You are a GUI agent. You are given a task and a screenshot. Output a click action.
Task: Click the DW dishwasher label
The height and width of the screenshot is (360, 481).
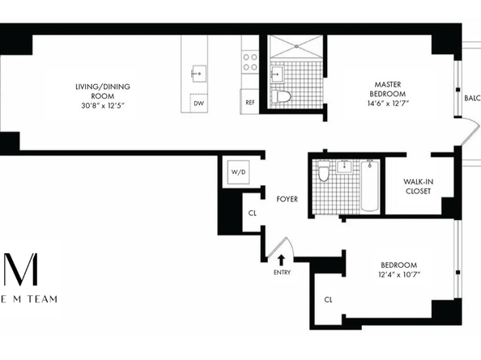[198, 104]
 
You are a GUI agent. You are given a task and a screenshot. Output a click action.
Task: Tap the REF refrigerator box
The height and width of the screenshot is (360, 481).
[250, 101]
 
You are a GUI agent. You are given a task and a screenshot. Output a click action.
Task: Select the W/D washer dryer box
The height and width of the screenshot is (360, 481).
[238, 172]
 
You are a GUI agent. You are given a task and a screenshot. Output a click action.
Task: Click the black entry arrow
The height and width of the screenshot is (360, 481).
[281, 260]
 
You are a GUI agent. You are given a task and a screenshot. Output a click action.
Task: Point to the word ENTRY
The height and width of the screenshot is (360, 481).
[282, 273]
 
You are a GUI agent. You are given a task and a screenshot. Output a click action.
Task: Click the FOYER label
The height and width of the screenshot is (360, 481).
[287, 199]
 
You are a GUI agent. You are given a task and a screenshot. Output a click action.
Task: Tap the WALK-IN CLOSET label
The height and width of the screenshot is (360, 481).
[418, 186]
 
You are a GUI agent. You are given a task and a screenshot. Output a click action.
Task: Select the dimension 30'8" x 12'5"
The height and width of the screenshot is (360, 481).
[103, 106]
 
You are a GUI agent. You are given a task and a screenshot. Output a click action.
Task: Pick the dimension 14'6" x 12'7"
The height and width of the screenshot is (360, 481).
[388, 104]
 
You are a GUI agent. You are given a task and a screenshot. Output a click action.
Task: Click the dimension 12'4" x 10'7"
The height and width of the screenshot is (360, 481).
[398, 274]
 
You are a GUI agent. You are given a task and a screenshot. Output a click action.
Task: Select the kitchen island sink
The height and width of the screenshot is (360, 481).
[198, 74]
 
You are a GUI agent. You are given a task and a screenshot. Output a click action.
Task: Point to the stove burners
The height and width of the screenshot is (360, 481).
[250, 62]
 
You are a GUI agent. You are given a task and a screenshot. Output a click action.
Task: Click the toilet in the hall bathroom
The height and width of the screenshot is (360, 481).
[323, 171]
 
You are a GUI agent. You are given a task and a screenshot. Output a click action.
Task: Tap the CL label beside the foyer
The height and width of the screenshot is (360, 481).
[252, 214]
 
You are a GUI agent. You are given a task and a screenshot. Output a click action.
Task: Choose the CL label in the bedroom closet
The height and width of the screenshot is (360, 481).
[328, 299]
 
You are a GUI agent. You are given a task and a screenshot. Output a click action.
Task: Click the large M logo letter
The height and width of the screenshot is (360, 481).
[22, 269]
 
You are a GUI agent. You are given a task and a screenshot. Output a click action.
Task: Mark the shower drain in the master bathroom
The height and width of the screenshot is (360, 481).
[296, 47]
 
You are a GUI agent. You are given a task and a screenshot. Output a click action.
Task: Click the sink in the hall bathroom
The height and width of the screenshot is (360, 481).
[344, 167]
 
